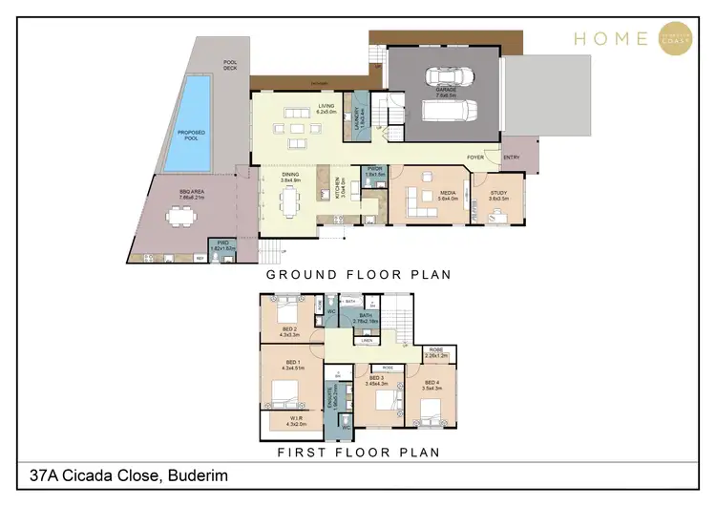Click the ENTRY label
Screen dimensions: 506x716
click(x=512, y=158)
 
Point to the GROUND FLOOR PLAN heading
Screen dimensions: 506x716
click(x=358, y=274)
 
